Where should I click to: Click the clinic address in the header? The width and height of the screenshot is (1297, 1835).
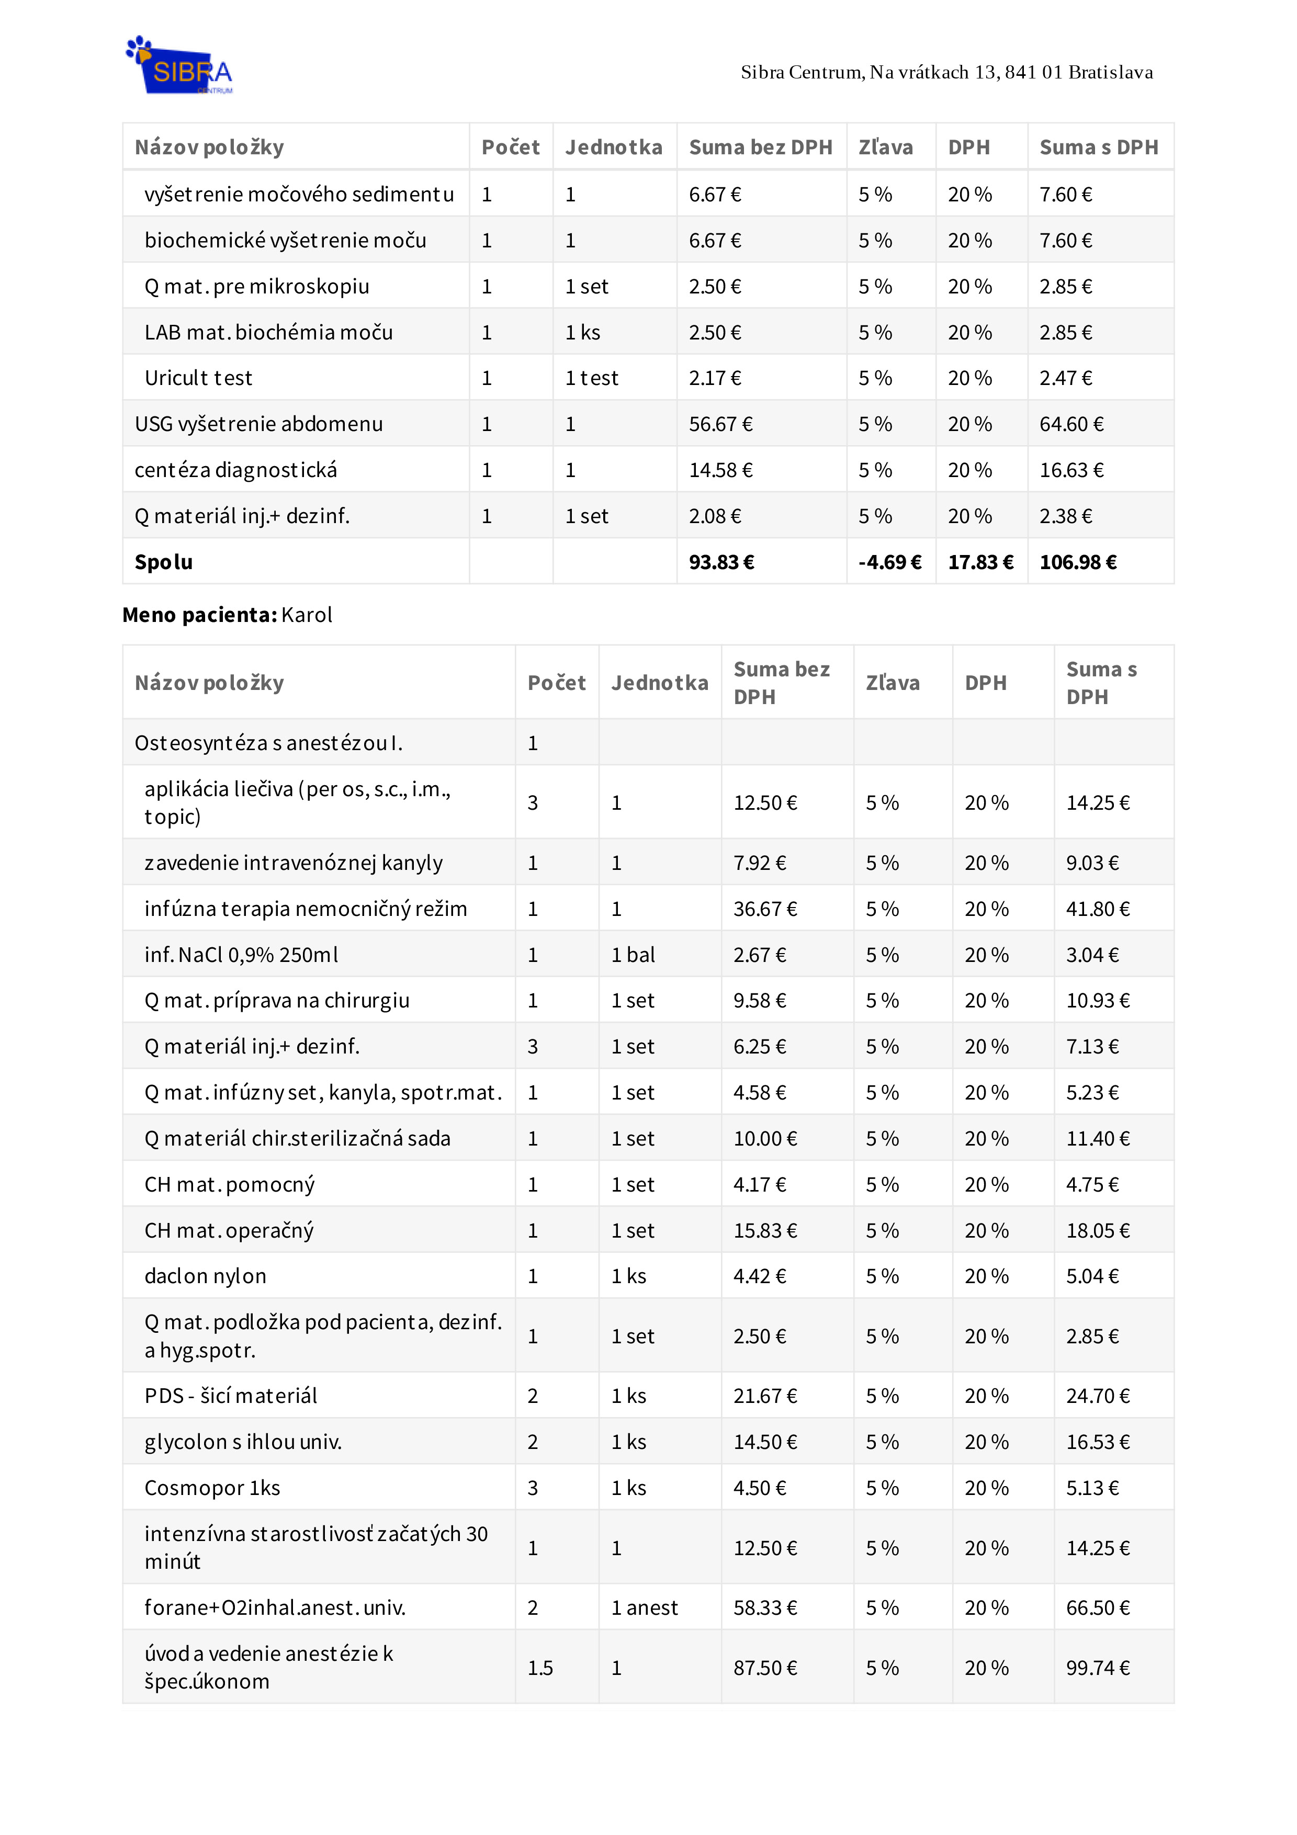(946, 73)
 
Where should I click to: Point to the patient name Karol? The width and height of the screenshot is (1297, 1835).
(307, 615)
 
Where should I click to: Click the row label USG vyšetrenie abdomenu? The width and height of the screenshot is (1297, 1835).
(258, 424)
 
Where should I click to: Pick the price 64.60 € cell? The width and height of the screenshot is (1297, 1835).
(1071, 424)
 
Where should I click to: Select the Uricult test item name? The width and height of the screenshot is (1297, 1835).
(198, 378)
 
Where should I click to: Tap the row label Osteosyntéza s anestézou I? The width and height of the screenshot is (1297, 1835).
(268, 743)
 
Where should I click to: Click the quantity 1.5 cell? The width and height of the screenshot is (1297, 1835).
(540, 1668)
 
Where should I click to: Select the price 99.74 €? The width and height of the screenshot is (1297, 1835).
(1097, 1668)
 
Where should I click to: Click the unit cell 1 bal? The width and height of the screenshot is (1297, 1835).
(633, 955)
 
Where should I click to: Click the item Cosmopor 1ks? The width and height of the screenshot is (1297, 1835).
(212, 1488)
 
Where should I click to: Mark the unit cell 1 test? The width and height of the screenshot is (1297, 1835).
(591, 378)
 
